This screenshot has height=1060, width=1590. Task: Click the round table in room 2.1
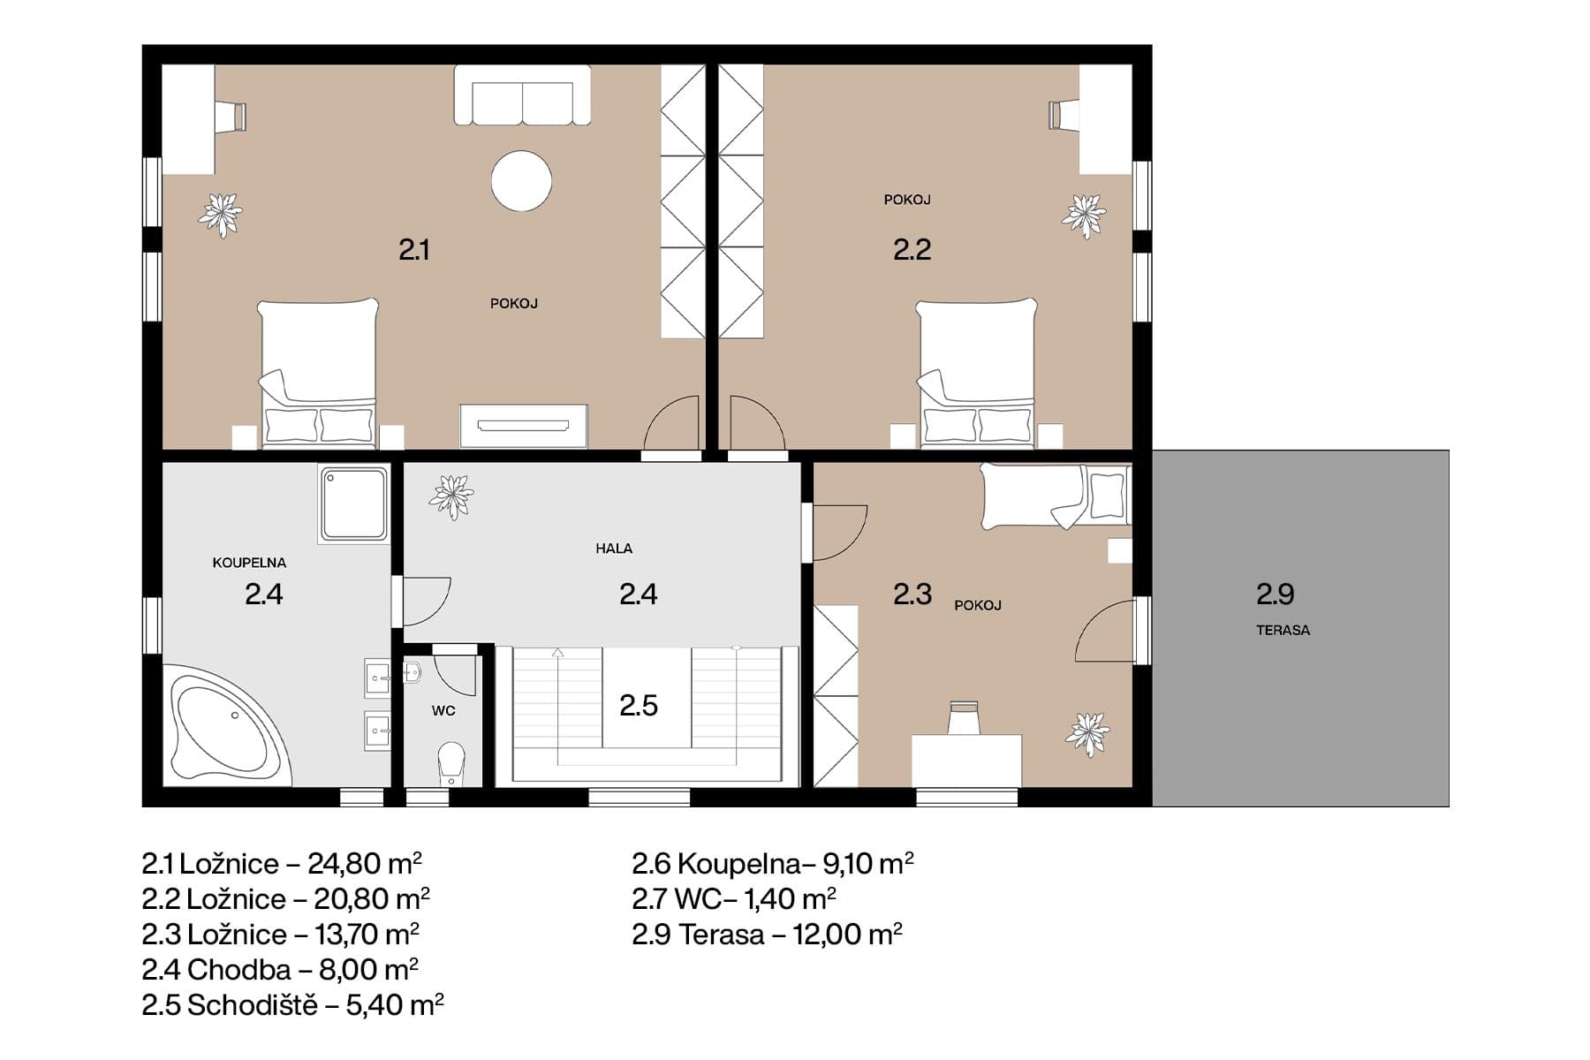521,181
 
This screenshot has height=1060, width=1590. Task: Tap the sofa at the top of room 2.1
522,95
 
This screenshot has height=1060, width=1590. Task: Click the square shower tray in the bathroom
354,503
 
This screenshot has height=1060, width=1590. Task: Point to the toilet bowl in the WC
451,761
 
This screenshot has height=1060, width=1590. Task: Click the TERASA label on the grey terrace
1283,630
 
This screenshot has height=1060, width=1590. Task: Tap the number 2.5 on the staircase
638,705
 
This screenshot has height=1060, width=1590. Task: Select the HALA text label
613,549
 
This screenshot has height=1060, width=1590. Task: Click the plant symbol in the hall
451,496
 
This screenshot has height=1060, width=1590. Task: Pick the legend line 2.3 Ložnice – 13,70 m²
280,934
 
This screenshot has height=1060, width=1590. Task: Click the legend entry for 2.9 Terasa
767,934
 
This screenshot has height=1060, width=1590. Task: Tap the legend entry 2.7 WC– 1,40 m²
733,898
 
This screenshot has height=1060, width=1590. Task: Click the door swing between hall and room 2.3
837,533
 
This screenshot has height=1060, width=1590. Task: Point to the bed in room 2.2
976,371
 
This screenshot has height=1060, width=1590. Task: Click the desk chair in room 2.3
964,717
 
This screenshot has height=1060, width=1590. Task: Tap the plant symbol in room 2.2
1083,216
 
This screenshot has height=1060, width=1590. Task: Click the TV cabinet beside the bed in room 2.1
523,426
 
